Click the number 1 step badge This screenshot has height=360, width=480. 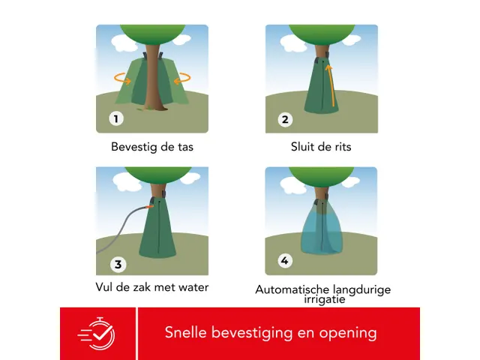click(x=116, y=118)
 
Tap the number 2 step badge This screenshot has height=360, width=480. click(x=285, y=120)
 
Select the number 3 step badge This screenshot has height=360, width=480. click(x=118, y=265)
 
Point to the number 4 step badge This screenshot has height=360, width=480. click(x=285, y=261)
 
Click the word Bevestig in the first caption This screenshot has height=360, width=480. click(x=133, y=147)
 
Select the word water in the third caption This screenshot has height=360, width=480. click(x=193, y=287)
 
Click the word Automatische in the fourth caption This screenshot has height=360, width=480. click(x=292, y=289)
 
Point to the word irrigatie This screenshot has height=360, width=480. click(x=325, y=299)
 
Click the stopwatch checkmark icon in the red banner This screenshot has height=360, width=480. click(x=97, y=333)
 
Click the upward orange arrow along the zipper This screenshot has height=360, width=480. click(x=331, y=85)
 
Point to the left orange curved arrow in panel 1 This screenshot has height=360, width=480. click(x=122, y=79)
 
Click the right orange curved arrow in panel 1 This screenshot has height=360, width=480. click(x=182, y=78)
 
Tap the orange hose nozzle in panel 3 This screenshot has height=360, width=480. click(x=150, y=207)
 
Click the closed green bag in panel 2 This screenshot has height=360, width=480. click(x=321, y=86)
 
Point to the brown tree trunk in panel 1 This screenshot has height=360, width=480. click(x=153, y=76)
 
